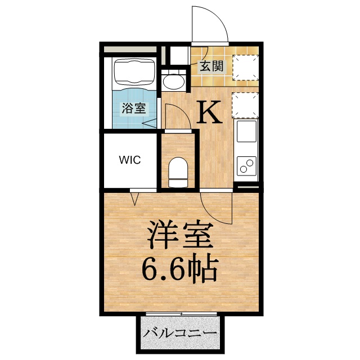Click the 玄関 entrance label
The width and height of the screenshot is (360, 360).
click(x=211, y=66)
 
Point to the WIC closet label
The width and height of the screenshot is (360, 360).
click(x=129, y=159)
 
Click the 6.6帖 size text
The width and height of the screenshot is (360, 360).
click(x=181, y=269)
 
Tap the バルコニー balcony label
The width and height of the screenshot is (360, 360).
click(x=180, y=333)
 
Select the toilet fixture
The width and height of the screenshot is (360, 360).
click(x=179, y=172)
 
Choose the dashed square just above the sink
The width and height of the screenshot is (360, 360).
click(x=245, y=103)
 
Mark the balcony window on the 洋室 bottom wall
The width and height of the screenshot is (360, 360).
click(x=180, y=313)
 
